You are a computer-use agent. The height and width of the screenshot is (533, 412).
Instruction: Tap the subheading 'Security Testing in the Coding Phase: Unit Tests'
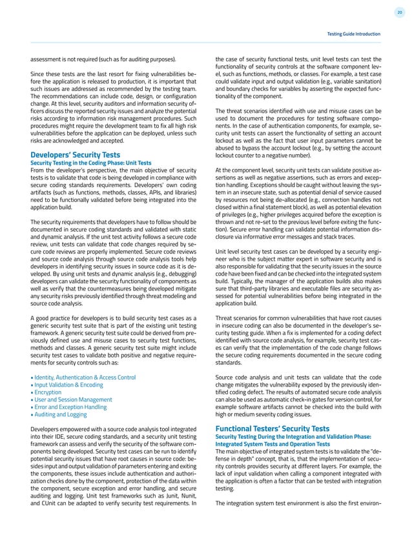91,163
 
